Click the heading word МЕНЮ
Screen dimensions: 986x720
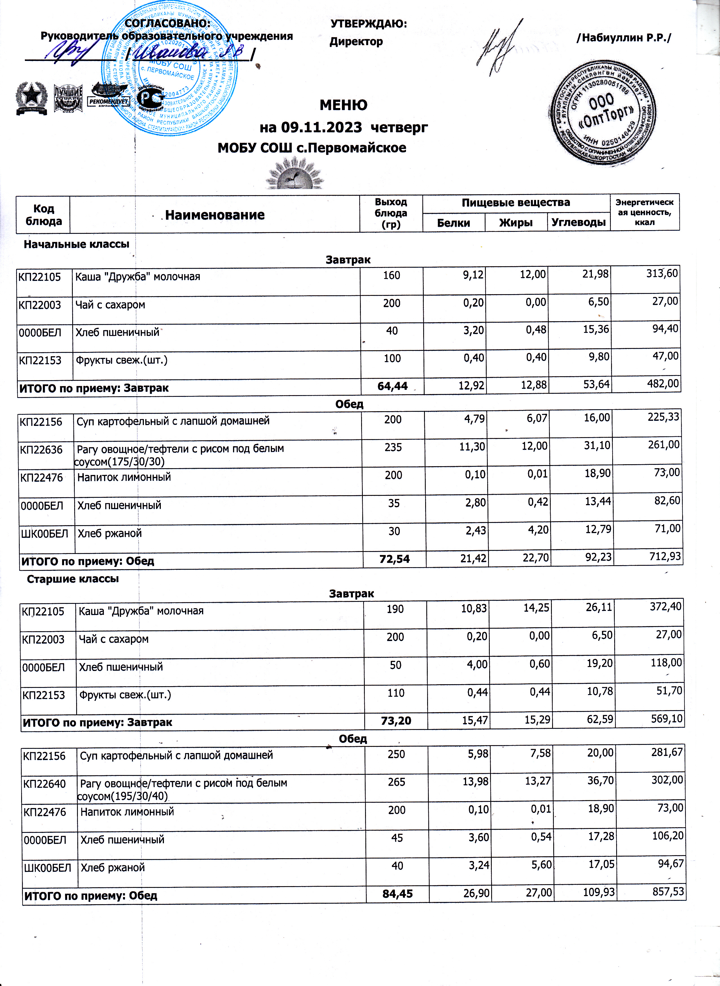point(343,105)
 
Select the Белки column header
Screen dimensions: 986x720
point(453,223)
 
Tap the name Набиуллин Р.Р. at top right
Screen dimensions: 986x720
point(624,38)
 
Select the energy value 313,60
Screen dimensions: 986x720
point(662,273)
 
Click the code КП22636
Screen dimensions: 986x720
point(41,450)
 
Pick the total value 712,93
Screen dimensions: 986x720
point(664,556)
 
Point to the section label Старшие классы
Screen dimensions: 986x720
point(73,579)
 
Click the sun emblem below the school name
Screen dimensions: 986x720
point(295,174)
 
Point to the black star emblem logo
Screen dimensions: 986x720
point(32,98)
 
